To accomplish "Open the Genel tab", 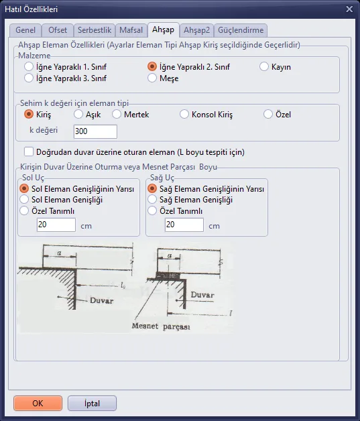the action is coord(25,30).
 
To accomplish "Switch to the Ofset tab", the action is coord(58,30).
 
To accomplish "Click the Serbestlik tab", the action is coord(95,30).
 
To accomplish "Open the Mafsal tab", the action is coord(131,30).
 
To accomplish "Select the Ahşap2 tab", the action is coord(197,30).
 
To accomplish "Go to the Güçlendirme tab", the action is coord(241,30).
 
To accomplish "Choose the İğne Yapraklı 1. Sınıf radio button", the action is coord(29,66).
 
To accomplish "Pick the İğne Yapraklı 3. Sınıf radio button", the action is coord(29,78).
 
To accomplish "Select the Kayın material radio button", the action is coord(264,66).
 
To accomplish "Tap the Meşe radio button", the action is coord(152,78).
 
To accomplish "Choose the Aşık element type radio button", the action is coord(78,115).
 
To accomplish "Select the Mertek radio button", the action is coord(117,115).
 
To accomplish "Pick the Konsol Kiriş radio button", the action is coord(184,115).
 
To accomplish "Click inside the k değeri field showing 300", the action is coord(95,131).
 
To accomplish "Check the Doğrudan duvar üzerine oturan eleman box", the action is coord(29,152).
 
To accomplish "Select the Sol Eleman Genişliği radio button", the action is coord(24,200).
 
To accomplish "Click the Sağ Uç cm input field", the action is coord(184,225).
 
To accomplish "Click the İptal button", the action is coord(92,404).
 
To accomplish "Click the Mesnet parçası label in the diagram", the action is coord(161,326).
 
